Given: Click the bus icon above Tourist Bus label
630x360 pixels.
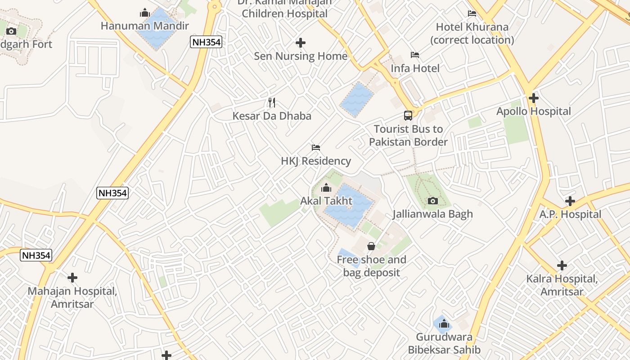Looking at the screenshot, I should point(408,116).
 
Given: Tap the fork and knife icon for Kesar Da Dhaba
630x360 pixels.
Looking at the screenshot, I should point(272,103).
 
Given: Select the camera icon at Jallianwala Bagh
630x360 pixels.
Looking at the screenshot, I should point(433,201).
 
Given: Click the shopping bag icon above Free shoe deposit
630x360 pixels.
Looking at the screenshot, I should point(371,246).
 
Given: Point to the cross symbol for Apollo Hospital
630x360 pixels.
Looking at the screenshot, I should point(534,98).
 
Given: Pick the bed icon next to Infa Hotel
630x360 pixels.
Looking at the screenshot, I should point(415,55).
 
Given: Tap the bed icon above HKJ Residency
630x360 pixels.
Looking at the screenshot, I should point(316,148).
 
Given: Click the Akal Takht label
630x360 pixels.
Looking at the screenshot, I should point(326,201).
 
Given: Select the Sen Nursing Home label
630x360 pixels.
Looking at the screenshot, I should point(301,56).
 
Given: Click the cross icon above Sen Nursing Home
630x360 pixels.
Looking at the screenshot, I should point(301,43).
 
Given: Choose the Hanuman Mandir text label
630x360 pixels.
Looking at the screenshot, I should point(144,26).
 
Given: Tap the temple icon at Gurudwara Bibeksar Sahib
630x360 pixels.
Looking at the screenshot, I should point(444,324).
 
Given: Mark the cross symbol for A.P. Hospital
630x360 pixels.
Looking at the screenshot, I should point(570,201).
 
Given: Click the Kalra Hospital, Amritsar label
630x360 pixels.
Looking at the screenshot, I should point(562,285).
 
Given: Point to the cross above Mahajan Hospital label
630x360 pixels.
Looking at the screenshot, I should point(72,278).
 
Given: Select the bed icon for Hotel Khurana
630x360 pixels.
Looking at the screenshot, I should point(472,13).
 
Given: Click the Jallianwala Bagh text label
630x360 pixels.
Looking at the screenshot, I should point(432,214).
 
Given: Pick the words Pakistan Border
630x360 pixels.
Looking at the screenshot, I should point(408,142).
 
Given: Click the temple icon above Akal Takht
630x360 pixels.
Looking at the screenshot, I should point(326,188).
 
